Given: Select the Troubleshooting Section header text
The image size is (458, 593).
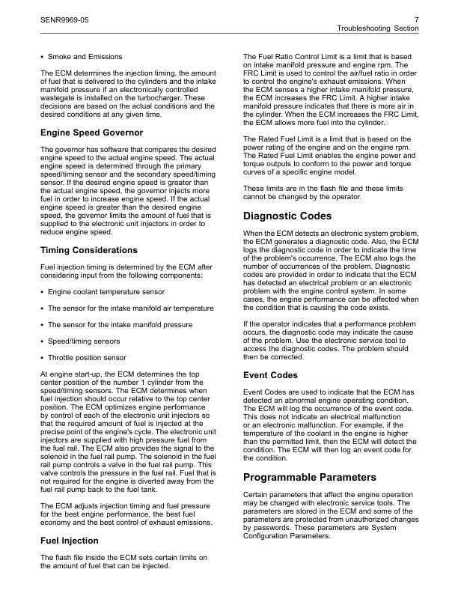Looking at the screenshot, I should point(378,28).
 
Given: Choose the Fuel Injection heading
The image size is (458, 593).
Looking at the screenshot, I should point(69,540).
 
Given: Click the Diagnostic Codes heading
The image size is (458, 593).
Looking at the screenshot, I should point(288,216).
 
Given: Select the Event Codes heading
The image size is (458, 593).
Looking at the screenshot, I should point(270,375).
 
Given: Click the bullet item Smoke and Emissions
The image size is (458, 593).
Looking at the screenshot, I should point(85,56).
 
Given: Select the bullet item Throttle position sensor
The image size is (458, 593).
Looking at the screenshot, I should point(87,358).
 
